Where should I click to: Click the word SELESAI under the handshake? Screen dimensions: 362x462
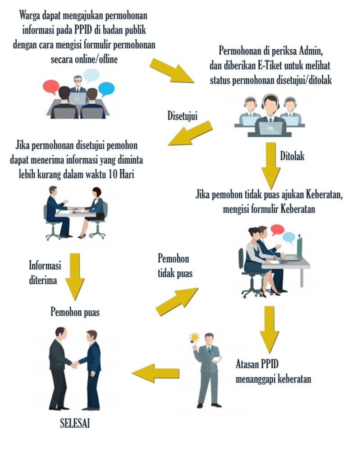75,423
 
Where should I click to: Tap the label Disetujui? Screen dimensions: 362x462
182,116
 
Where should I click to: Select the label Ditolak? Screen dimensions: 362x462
292,156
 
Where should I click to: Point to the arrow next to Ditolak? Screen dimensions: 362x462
271,166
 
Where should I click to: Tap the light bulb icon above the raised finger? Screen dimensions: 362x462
194,338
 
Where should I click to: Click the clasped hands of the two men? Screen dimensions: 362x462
75,365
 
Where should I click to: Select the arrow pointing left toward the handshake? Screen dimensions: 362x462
156,373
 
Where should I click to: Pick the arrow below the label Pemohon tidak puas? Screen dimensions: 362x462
177,301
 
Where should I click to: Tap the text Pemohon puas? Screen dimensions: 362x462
75,312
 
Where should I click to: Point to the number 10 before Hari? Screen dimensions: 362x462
112,174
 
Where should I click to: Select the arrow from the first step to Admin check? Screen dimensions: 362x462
172,71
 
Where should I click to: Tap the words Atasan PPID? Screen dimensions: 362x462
257,364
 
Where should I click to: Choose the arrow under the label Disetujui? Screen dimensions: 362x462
190,133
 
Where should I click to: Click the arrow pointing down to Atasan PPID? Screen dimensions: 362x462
269,329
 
